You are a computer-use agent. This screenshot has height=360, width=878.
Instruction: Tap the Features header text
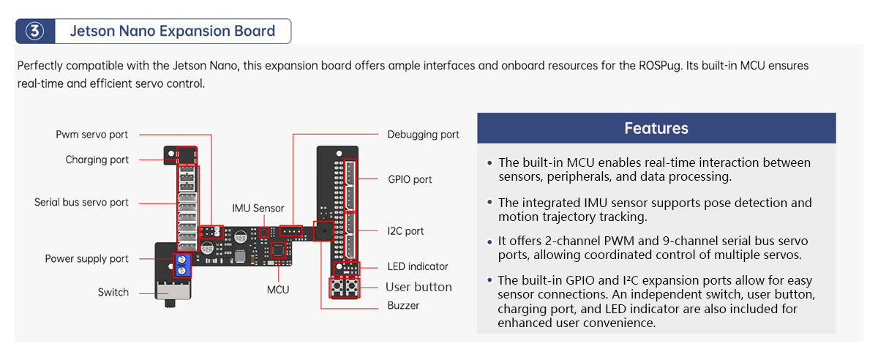[656, 128]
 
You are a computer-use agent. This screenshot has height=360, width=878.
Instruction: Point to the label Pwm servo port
[91, 135]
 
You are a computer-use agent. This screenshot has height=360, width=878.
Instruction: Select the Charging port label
[97, 160]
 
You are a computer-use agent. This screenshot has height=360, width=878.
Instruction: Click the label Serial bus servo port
[81, 202]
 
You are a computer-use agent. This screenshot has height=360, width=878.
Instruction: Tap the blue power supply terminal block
[183, 265]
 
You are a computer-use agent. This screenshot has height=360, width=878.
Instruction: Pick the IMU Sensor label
[258, 209]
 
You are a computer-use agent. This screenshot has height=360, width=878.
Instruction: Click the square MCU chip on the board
[279, 250]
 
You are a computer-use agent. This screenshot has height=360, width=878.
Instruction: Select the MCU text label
[278, 290]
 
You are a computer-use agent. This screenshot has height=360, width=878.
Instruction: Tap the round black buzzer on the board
[323, 231]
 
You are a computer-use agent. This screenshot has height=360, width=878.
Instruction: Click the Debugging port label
[424, 135]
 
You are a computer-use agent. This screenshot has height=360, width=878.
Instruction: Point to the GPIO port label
[410, 179]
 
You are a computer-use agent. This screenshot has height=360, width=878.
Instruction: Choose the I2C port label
[405, 231]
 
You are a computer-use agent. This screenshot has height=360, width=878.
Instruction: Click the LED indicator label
[417, 267]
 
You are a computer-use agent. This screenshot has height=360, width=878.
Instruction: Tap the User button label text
[419, 287]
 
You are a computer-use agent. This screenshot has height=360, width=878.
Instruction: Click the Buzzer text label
[403, 306]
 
